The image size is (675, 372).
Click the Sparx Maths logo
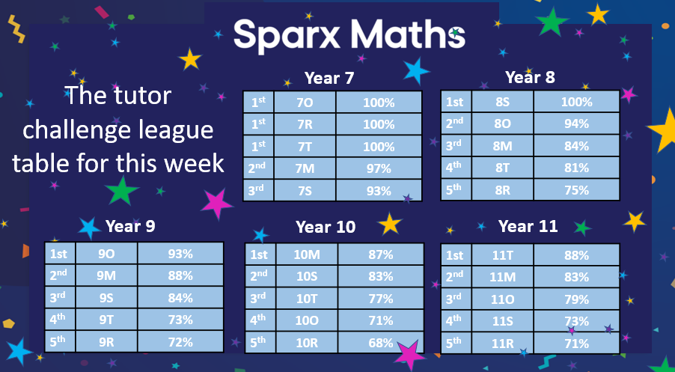point(349,34)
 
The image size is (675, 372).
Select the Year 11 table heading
point(528,226)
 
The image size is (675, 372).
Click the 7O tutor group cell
point(305,103)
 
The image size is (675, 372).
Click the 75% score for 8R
point(577,189)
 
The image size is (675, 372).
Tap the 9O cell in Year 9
point(106,254)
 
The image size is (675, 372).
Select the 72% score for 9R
point(180,342)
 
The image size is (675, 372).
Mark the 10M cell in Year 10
point(307,254)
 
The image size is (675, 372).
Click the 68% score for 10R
point(380,343)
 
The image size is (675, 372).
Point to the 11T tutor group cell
point(503,255)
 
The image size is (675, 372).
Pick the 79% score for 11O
point(576,299)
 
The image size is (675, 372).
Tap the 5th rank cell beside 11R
point(455,344)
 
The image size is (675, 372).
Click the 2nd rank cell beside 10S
point(259,276)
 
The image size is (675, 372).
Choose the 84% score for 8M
point(577,146)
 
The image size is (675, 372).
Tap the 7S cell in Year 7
point(305,191)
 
